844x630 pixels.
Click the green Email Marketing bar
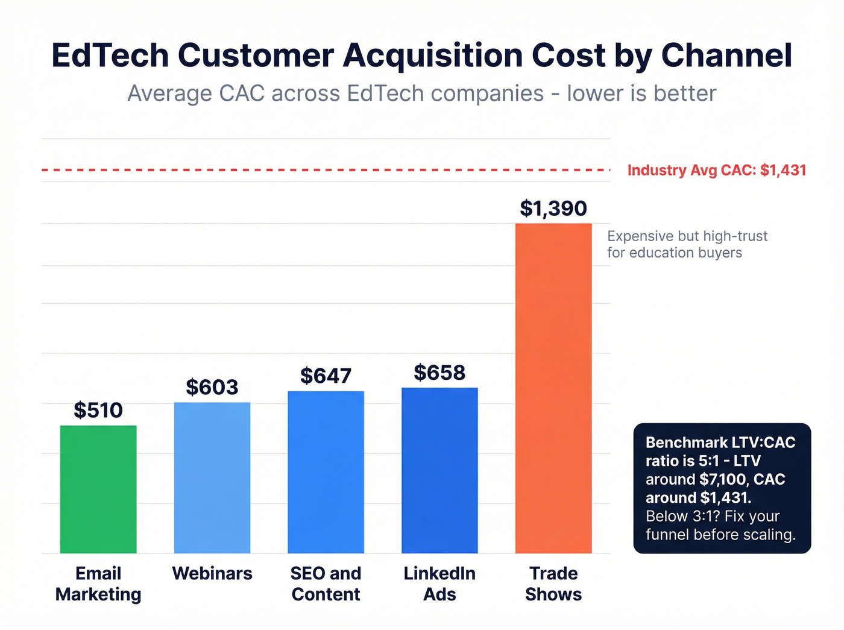click(98, 489)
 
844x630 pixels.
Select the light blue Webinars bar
click(212, 477)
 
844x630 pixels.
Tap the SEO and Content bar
click(326, 472)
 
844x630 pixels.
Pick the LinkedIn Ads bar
click(439, 470)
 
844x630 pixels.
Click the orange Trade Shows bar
click(553, 388)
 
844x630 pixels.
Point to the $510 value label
click(98, 411)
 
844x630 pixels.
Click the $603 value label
click(212, 387)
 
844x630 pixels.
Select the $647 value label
click(326, 376)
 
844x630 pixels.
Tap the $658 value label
click(439, 373)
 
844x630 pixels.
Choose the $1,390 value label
click(553, 209)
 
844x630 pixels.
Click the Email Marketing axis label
click(98, 584)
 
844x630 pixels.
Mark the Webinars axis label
click(212, 573)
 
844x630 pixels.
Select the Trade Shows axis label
click(553, 584)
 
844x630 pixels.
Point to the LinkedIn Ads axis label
click(439, 584)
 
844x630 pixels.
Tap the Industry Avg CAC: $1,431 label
click(717, 171)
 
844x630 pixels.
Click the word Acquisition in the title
click(433, 55)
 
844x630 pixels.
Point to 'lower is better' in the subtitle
click(641, 94)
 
